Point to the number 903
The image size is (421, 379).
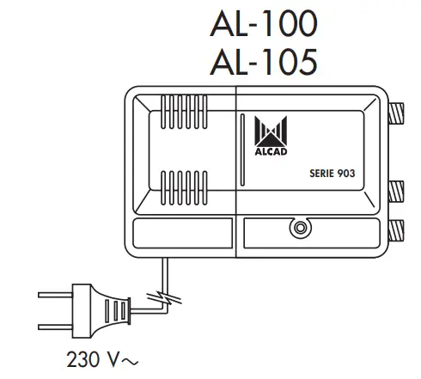tap(345, 173)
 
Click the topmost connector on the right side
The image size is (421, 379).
tap(398, 113)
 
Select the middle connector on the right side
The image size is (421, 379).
tap(398, 189)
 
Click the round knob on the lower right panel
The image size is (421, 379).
tap(299, 229)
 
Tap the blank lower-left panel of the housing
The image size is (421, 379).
tap(182, 234)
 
